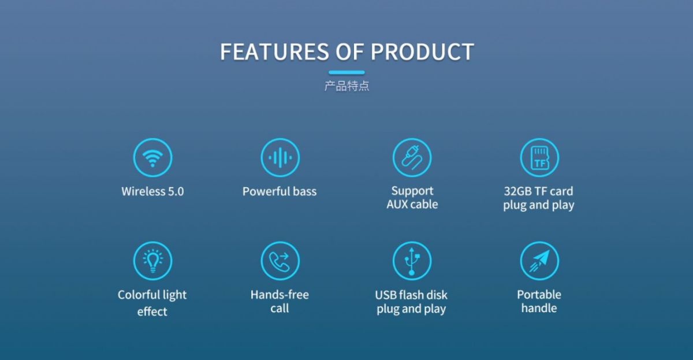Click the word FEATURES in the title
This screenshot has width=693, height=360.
(x=274, y=51)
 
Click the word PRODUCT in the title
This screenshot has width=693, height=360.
(x=422, y=51)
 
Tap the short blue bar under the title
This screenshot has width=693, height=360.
(x=346, y=72)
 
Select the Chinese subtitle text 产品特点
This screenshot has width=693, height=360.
(x=346, y=86)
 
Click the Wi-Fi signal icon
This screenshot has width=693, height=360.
(x=152, y=158)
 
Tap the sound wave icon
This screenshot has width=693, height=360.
(x=280, y=158)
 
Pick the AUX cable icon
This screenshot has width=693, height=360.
(x=412, y=158)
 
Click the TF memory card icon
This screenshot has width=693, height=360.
(x=539, y=158)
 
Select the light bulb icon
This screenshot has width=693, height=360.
(x=152, y=261)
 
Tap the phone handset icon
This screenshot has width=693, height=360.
(x=280, y=261)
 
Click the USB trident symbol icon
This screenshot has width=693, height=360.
(x=412, y=261)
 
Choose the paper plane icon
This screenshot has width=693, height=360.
(x=539, y=261)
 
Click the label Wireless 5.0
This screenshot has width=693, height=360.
(x=152, y=191)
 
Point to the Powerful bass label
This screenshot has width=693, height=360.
(x=280, y=191)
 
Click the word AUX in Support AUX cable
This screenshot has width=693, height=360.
(x=397, y=205)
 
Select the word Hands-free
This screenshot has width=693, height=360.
(x=280, y=295)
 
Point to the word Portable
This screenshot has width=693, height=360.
(x=539, y=295)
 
